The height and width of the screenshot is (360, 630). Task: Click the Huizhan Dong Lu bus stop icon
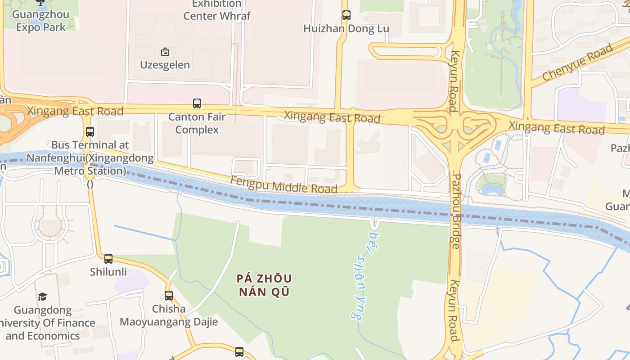pyautogui.click(x=346, y=15)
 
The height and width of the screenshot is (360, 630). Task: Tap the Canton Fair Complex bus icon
pyautogui.click(x=197, y=103)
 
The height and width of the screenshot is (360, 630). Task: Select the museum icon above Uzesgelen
pyautogui.click(x=165, y=52)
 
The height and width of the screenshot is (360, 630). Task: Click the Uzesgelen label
pyautogui.click(x=165, y=65)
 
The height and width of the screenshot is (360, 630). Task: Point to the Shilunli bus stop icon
pyautogui.click(x=108, y=259)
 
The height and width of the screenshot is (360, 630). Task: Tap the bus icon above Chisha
pyautogui.click(x=169, y=296)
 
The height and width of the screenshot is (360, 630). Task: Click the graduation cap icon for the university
pyautogui.click(x=42, y=297)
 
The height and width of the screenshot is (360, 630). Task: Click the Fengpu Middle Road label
pyautogui.click(x=283, y=184)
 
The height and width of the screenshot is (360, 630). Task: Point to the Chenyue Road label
pyautogui.click(x=577, y=63)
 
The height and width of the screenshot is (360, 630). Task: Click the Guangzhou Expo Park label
pyautogui.click(x=40, y=21)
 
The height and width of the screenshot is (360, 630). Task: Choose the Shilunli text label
pyautogui.click(x=108, y=272)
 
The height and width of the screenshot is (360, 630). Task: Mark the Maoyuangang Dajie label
pyautogui.click(x=169, y=322)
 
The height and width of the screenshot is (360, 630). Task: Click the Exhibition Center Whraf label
pyautogui.click(x=217, y=10)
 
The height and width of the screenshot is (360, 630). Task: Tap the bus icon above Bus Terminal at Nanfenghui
pyautogui.click(x=90, y=132)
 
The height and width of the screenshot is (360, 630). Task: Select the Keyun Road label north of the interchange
pyautogui.click(x=454, y=81)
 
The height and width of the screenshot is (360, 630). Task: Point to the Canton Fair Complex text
pyautogui.click(x=197, y=123)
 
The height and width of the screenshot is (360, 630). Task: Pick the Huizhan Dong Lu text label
pyautogui.click(x=346, y=29)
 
